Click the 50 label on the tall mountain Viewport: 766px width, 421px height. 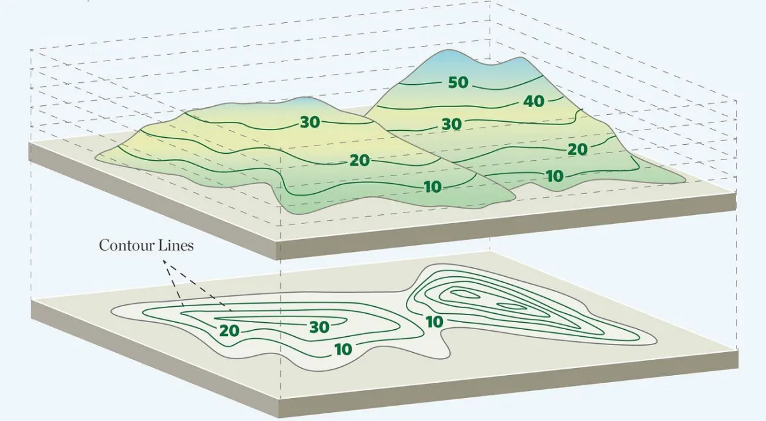(x=458, y=83)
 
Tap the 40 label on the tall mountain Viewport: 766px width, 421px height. (x=534, y=101)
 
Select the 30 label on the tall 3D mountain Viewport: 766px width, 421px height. (x=452, y=124)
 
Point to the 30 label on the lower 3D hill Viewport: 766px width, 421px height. (x=310, y=122)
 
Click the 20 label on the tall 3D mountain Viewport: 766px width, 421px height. (x=578, y=150)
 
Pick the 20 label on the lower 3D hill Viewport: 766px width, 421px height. (x=360, y=161)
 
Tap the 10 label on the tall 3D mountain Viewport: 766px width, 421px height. (x=555, y=176)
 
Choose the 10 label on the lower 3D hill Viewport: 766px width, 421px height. (x=433, y=187)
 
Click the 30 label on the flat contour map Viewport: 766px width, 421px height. (x=319, y=327)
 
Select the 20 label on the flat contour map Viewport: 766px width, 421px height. (x=229, y=331)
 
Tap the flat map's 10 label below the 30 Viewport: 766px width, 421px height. (x=343, y=350)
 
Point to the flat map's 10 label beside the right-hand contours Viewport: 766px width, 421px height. (x=434, y=322)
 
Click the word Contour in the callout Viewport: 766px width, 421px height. (x=125, y=246)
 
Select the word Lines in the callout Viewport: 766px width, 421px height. (x=175, y=246)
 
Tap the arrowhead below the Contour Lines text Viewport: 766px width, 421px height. (x=165, y=262)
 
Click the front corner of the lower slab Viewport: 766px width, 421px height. (x=280, y=402)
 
